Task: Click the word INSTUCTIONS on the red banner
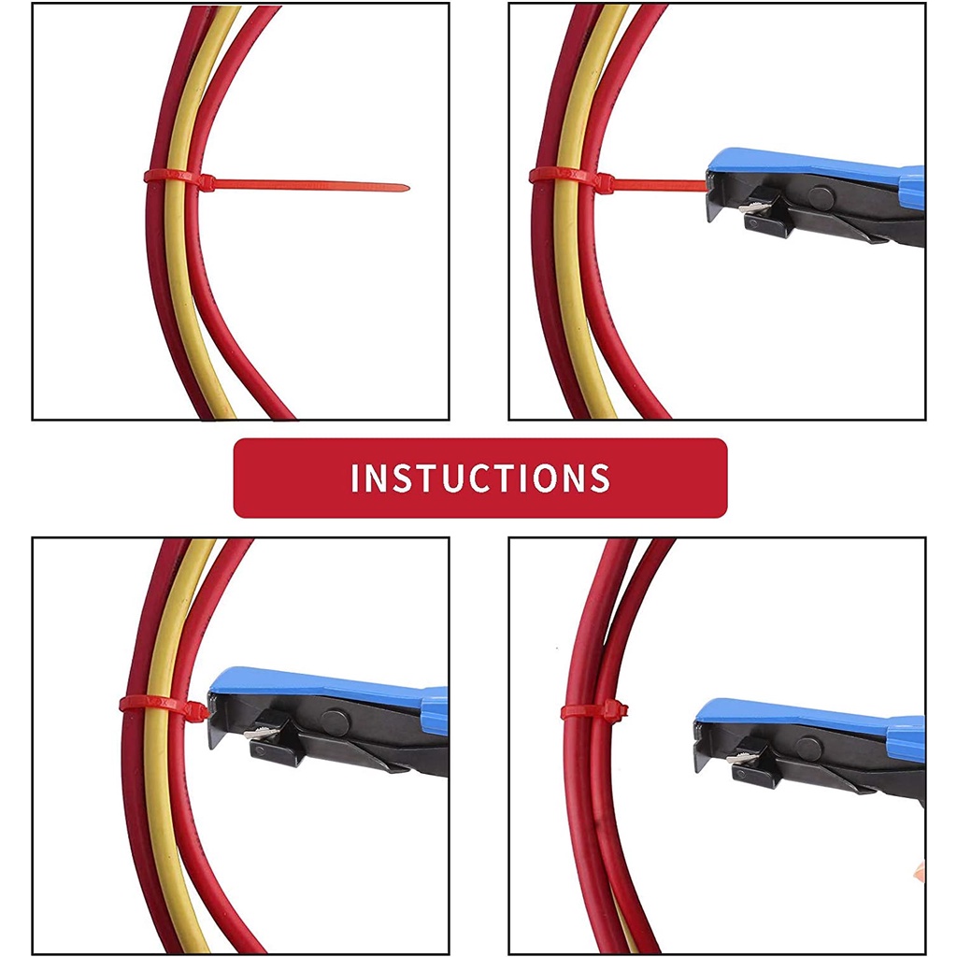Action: (480, 478)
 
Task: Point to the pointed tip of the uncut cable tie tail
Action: (408, 188)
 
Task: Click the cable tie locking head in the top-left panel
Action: (205, 182)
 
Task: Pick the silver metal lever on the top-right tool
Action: (755, 207)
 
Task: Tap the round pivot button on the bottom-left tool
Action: (336, 721)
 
